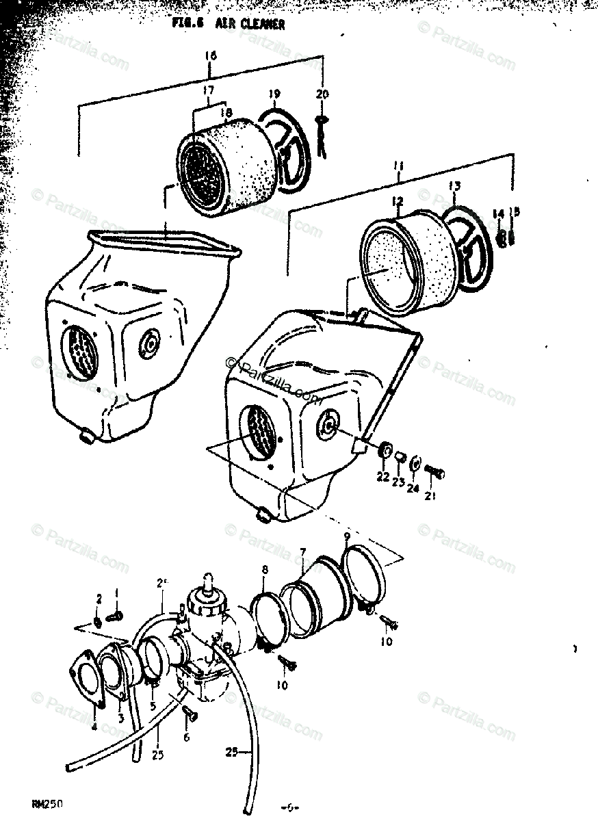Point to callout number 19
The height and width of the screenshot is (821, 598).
tap(274, 94)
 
